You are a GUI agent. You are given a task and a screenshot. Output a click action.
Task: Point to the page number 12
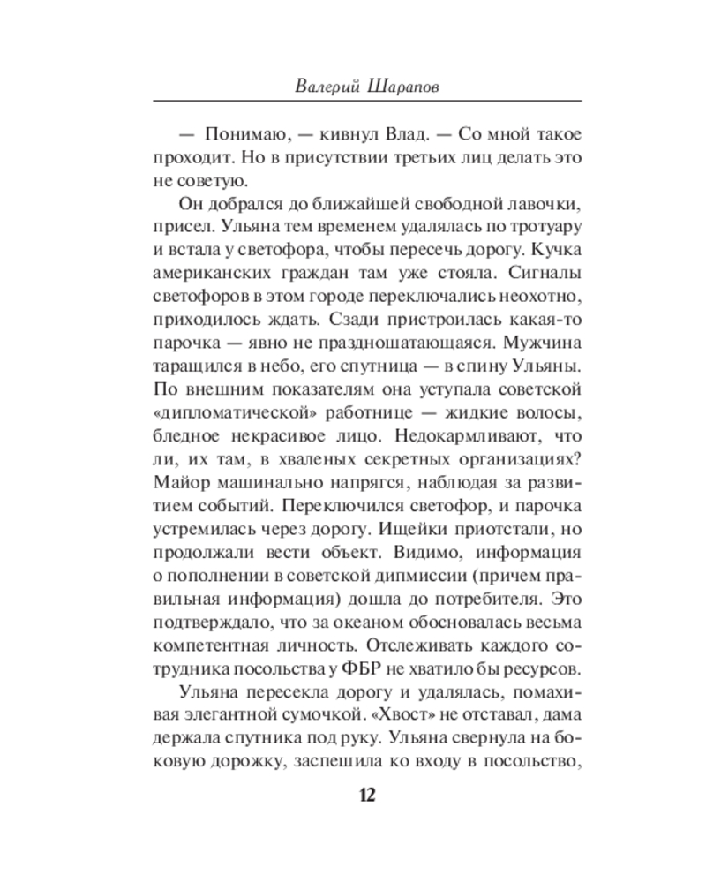tap(366, 795)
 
